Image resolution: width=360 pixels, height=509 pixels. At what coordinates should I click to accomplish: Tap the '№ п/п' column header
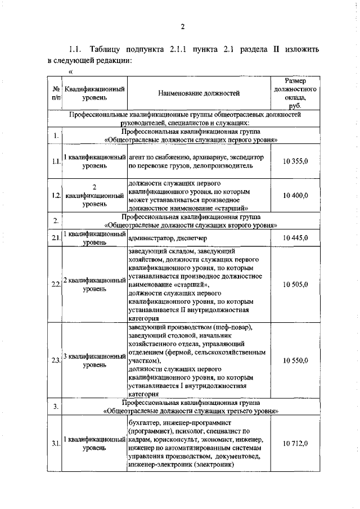click(x=56, y=93)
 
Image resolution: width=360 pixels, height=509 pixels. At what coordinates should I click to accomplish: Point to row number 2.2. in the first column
click(x=56, y=285)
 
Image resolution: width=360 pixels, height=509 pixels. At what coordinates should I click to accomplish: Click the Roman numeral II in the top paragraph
click(x=276, y=49)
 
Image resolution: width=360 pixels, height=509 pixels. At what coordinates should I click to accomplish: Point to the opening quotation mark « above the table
click(x=70, y=71)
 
